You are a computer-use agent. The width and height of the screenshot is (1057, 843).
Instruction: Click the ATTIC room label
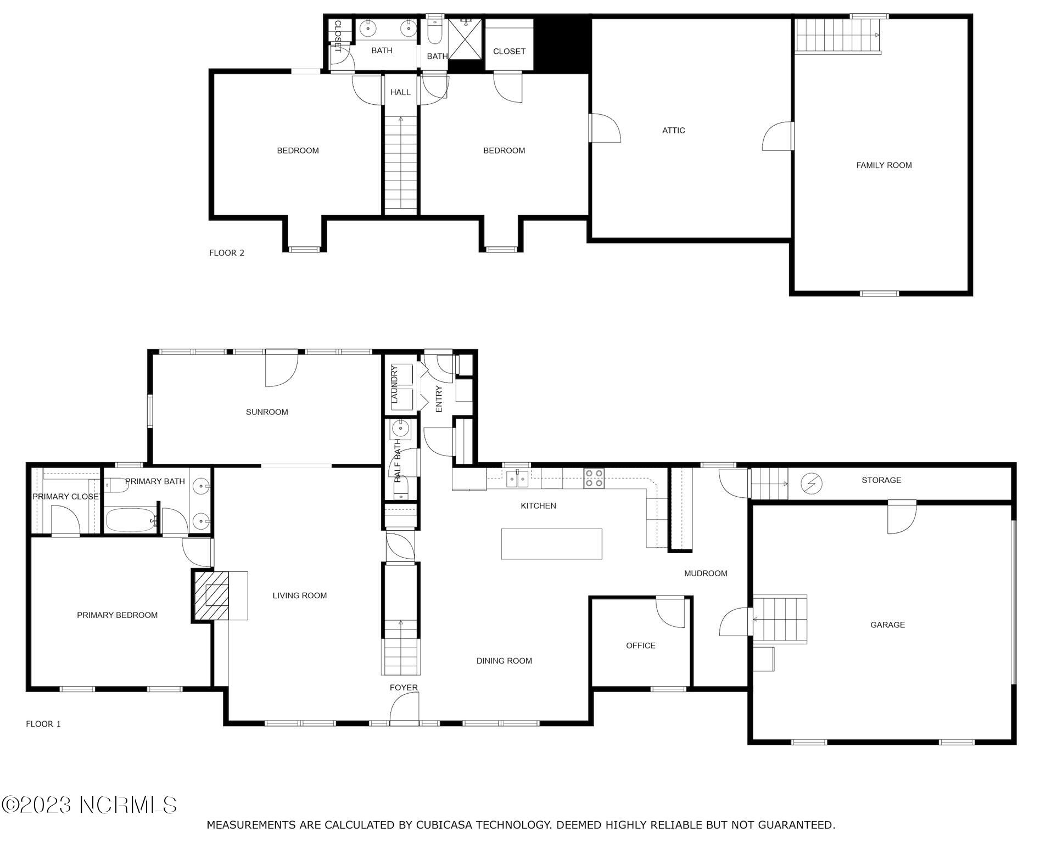pos(673,131)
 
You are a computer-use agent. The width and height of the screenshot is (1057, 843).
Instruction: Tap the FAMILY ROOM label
pos(883,165)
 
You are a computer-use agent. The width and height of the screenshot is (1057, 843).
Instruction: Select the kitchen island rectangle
pos(551,544)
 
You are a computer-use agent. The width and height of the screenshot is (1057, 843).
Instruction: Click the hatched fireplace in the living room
pos(211,596)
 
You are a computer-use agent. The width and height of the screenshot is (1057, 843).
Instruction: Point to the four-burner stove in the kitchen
pos(594,478)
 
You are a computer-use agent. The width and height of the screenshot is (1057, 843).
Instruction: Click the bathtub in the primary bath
pos(130,520)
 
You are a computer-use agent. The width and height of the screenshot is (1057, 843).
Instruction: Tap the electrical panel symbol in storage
pos(811,483)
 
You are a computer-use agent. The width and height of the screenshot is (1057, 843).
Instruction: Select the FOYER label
pos(404,688)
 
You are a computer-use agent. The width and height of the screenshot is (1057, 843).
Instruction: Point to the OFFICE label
pos(640,646)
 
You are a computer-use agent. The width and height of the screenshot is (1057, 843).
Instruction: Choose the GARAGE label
pos(887,625)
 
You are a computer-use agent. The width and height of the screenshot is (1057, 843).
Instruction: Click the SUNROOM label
pos(267,412)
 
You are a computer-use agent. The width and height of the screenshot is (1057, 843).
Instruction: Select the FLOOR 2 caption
pos(227,253)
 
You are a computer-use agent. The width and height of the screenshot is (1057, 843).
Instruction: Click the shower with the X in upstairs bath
pos(465,38)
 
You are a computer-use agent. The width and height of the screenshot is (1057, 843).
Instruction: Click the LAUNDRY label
pos(394,385)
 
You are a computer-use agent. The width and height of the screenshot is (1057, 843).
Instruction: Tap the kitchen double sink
pos(517,479)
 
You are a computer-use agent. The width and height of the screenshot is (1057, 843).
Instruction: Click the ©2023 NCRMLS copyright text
pos(89,805)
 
